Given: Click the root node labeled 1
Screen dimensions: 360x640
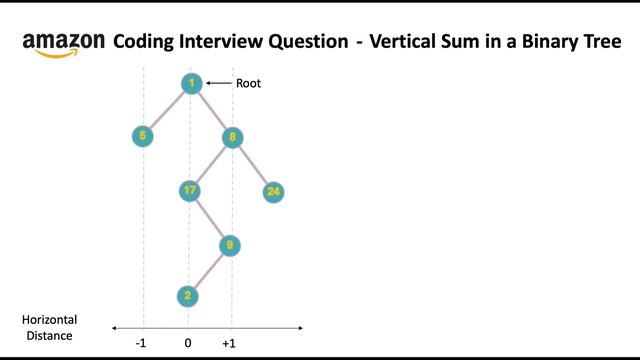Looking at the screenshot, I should (x=191, y=84).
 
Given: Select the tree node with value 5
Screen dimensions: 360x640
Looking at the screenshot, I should (x=143, y=136).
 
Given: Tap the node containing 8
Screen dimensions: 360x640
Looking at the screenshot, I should (x=232, y=137).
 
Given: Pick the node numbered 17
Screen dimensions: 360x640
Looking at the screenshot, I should (x=190, y=190).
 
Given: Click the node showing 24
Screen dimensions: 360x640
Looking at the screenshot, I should (x=274, y=191).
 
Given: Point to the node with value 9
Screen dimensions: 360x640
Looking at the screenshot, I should (x=232, y=244).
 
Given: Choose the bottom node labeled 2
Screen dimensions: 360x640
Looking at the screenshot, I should (x=187, y=296).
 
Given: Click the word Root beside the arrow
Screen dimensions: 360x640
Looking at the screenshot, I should (x=248, y=84).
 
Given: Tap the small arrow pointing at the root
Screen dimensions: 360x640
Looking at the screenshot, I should (x=218, y=84).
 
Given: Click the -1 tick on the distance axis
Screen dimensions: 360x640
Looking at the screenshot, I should (x=142, y=343).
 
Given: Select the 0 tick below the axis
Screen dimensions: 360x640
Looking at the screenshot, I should (x=187, y=343).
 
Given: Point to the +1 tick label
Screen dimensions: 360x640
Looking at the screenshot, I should (x=229, y=343).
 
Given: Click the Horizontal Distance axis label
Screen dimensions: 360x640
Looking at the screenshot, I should (x=49, y=328).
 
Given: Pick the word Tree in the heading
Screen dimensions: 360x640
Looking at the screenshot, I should (x=599, y=42).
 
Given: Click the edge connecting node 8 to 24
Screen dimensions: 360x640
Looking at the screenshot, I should (x=253, y=164).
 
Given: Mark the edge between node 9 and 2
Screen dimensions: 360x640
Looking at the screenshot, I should (x=210, y=270).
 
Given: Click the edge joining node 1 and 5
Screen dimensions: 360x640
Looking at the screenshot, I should (x=167, y=110).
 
